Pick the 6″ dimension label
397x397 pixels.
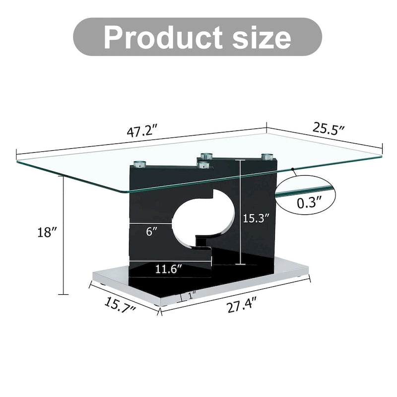point(152,231)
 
